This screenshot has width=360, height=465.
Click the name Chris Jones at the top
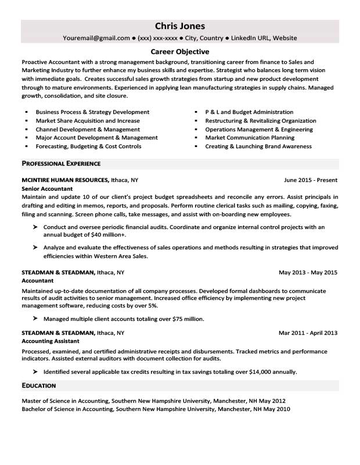coord(180,26)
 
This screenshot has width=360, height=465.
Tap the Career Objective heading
coord(180,52)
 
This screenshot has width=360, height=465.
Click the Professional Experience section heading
coord(61,163)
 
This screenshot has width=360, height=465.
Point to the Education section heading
coord(39,385)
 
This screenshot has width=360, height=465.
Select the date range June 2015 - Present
coord(311,180)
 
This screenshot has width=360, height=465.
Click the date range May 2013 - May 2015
coord(308,272)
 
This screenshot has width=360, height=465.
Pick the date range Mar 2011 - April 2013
coord(308,333)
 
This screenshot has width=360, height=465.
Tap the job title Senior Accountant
coord(47,189)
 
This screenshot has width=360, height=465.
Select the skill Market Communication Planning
coord(250,138)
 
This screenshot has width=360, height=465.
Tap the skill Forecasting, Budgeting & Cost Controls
coord(88,146)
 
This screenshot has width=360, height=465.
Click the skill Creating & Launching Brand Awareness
coord(258,146)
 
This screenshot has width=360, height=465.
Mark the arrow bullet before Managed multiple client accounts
coord(35,319)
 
